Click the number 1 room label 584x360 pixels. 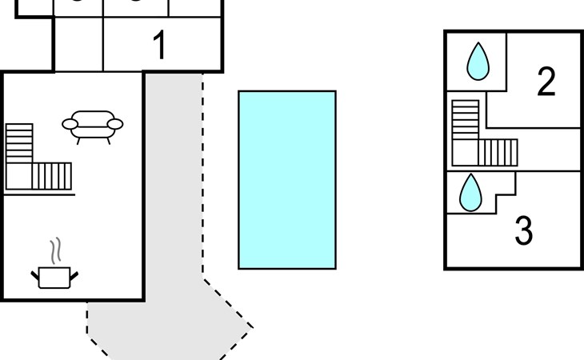160,46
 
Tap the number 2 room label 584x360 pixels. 546,82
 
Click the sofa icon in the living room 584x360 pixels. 93,126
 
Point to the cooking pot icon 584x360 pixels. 54,277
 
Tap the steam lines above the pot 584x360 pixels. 54,251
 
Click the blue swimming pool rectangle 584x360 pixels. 286,179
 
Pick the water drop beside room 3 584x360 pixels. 471,193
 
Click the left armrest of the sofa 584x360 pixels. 70,124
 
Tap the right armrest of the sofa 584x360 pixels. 116,124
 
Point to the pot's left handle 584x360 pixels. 34,276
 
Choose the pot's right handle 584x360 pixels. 74,276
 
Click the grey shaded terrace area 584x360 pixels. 172,240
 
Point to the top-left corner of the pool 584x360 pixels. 239,92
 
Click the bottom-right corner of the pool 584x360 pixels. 334,267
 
